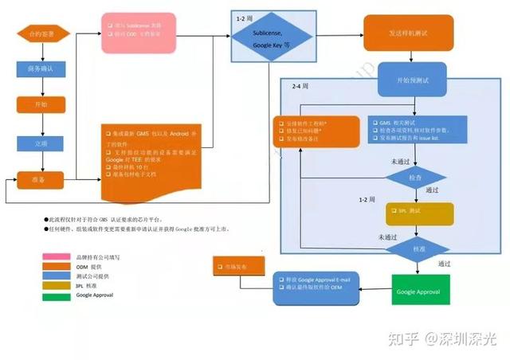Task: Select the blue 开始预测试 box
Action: [407, 80]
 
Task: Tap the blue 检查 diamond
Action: [414, 176]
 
